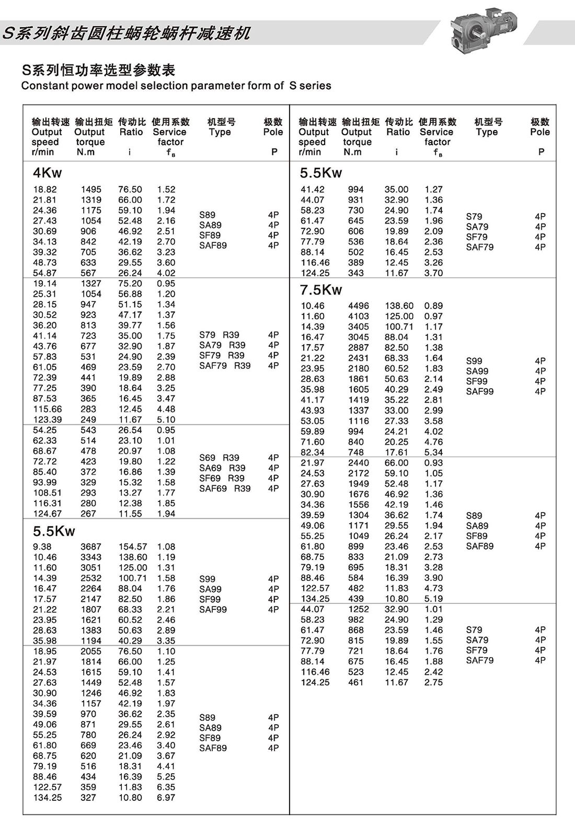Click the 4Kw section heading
(x=48, y=172)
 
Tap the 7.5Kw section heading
(x=321, y=290)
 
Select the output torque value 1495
(x=91, y=190)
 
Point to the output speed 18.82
(x=45, y=190)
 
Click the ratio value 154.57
(x=133, y=546)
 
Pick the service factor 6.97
(x=166, y=798)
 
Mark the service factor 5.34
(x=433, y=452)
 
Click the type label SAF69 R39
(x=225, y=488)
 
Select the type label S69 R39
(x=219, y=458)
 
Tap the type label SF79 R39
(x=222, y=355)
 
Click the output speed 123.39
(x=48, y=420)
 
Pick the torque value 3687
(x=91, y=546)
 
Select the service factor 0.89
(x=433, y=306)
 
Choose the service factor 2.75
(x=433, y=682)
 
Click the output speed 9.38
(x=42, y=546)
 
